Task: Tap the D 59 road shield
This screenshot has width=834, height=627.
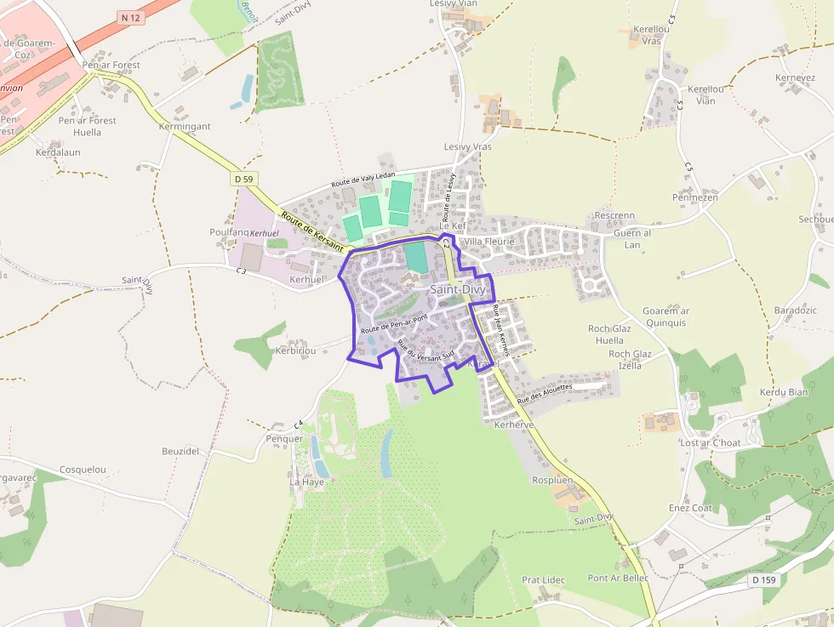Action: pyautogui.click(x=243, y=179)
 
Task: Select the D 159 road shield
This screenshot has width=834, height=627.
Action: pyautogui.click(x=763, y=580)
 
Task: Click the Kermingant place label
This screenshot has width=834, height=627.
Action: pyautogui.click(x=185, y=127)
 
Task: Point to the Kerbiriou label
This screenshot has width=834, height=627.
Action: pyautogui.click(x=296, y=351)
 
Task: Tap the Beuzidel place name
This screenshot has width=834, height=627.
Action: pyautogui.click(x=180, y=451)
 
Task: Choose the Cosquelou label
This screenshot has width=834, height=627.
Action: pyautogui.click(x=83, y=470)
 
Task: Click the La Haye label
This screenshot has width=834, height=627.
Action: pyautogui.click(x=307, y=482)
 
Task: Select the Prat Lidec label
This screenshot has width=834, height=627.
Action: pyautogui.click(x=543, y=580)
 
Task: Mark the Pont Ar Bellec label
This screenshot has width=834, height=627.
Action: pyautogui.click(x=618, y=579)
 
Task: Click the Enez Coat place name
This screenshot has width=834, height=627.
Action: pyautogui.click(x=690, y=508)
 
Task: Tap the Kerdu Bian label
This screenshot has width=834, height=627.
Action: pyautogui.click(x=784, y=392)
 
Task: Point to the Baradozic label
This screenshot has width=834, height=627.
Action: pyautogui.click(x=795, y=311)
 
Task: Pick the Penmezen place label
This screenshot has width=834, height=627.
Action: pyautogui.click(x=695, y=197)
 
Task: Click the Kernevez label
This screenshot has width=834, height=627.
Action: pyautogui.click(x=796, y=78)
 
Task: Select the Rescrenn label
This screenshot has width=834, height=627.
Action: pyautogui.click(x=615, y=216)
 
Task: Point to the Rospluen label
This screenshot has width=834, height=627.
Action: pyautogui.click(x=552, y=481)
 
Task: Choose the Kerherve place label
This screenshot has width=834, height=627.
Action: pyautogui.click(x=514, y=424)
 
